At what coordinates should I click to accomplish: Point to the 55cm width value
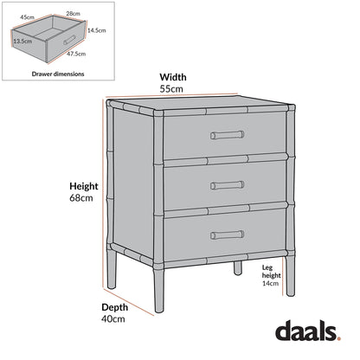(x=170, y=88)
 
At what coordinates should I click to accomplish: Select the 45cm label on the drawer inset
(x=28, y=16)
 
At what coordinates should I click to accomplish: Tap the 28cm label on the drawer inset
(x=72, y=14)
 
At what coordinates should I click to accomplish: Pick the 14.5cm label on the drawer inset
(x=95, y=30)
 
